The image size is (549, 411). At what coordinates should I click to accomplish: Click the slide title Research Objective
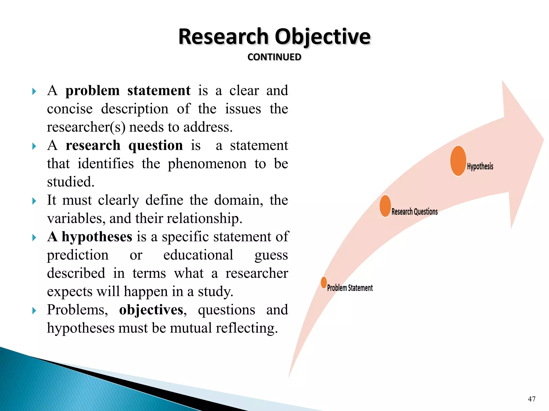coord(274,37)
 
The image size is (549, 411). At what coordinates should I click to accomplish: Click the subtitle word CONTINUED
coord(274,57)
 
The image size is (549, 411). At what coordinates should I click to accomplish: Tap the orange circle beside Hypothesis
coord(458,161)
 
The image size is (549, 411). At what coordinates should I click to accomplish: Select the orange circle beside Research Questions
coord(385,206)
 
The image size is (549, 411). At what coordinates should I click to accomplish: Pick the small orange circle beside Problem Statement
coord(324,283)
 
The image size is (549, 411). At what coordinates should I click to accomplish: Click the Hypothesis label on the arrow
coord(480,166)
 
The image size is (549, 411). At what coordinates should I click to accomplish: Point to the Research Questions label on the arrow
coord(414,212)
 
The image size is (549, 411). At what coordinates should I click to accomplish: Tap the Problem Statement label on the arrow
coord(350,288)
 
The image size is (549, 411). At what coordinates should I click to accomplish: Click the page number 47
coord(532,399)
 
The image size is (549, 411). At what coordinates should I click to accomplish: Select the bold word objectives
coord(151,310)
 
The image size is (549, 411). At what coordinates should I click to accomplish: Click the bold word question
coord(155,146)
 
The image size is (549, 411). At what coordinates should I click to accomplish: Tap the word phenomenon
coord(207,163)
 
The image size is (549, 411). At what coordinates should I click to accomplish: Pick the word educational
coord(198,255)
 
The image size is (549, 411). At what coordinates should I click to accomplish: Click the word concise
coord(70,109)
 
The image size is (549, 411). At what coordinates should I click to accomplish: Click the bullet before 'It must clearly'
coord(34,201)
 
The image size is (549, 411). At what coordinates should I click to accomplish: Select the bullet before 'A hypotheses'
coord(34,237)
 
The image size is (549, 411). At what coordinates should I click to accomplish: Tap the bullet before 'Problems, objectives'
coord(34,311)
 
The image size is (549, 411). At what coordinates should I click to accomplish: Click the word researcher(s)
coord(86,127)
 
